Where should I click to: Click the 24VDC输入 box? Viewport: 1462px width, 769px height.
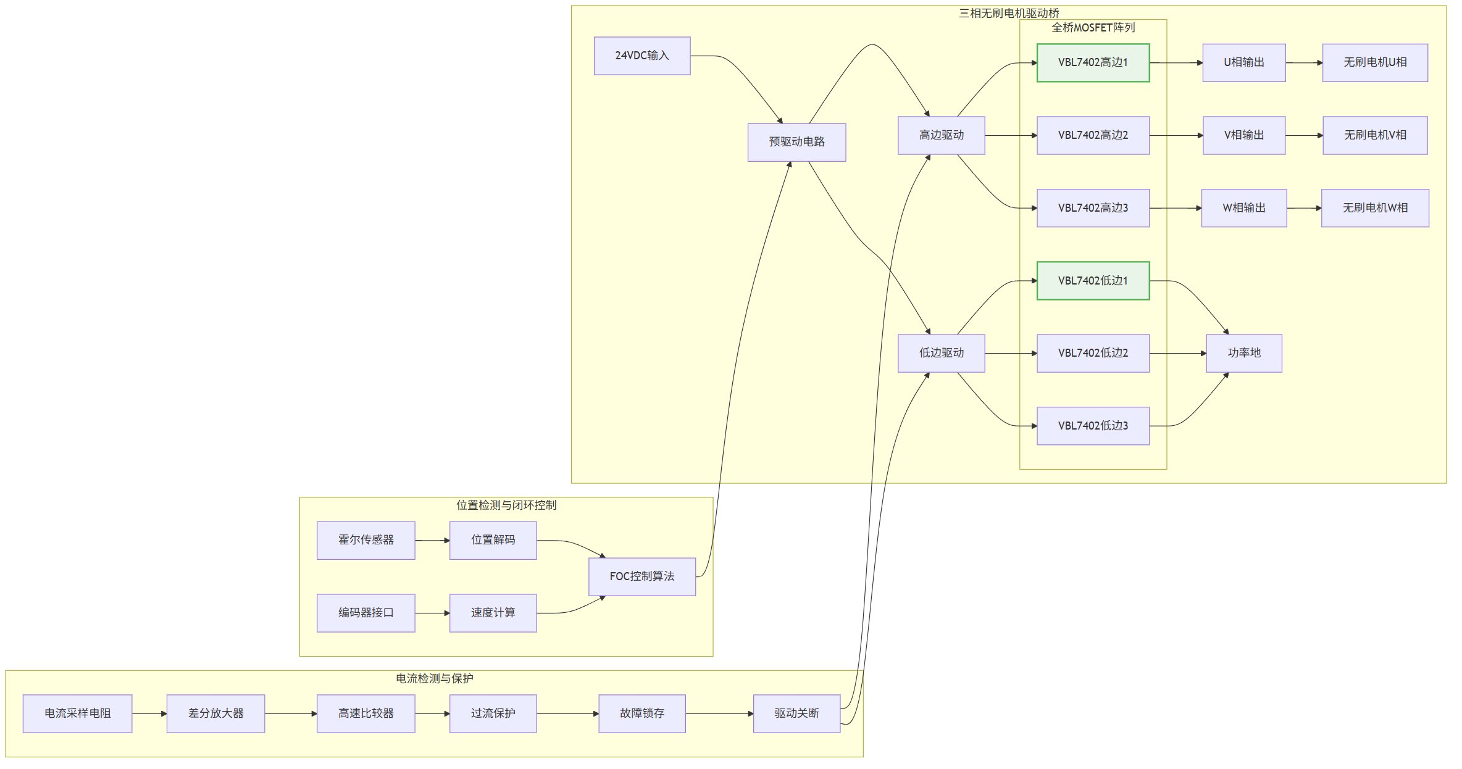[x=642, y=56]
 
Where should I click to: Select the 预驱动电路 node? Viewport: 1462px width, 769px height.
[x=796, y=142]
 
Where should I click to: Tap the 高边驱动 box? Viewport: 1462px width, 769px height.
[x=942, y=135]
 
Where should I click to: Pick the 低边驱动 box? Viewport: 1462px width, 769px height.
[x=942, y=353]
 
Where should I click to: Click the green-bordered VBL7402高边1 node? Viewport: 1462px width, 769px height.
[x=1093, y=62]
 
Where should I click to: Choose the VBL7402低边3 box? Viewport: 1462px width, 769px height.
[x=1093, y=426]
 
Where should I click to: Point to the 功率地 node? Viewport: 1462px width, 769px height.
[x=1244, y=353]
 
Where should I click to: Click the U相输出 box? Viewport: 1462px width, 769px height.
[x=1244, y=62]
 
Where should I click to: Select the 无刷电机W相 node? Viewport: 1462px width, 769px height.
[x=1375, y=208]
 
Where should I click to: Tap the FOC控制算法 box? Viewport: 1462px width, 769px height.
[x=642, y=576]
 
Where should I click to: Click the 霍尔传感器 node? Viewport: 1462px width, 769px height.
[x=366, y=540]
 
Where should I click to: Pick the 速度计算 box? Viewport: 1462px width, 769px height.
[x=493, y=613]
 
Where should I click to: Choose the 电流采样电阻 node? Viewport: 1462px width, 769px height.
[x=78, y=713]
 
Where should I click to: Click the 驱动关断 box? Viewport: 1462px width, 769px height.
[x=796, y=713]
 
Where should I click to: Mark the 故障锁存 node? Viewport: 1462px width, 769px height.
[x=642, y=713]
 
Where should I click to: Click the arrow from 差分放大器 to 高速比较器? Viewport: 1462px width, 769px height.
[x=291, y=714]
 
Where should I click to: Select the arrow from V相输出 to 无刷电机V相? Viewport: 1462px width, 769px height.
[x=1304, y=136]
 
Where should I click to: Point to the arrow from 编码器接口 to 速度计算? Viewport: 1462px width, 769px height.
[x=432, y=613]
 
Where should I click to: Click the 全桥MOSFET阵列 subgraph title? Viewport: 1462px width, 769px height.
[x=1093, y=28]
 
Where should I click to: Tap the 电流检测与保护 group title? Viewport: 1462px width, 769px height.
[x=435, y=679]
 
